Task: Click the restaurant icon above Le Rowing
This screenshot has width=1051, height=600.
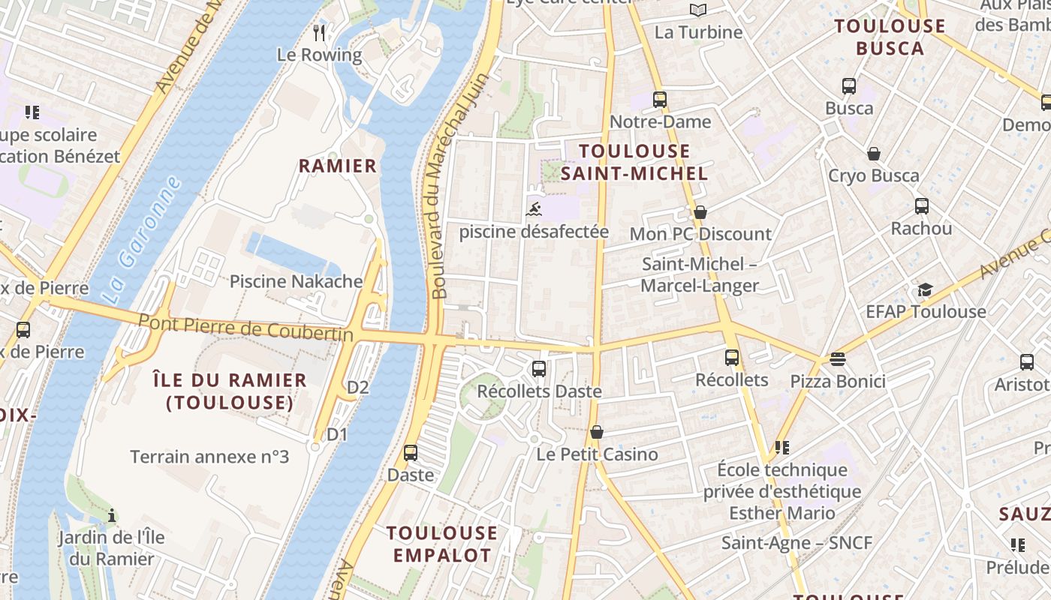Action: point(319,32)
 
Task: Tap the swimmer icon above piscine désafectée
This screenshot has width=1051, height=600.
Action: point(534,208)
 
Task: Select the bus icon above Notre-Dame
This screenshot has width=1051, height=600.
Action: point(659,99)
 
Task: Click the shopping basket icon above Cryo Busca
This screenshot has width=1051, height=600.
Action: point(873,154)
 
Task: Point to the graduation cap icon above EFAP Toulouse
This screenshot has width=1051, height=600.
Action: point(925,289)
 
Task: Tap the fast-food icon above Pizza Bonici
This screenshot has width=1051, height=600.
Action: point(838,359)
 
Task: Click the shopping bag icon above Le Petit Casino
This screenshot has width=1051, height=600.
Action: point(597,432)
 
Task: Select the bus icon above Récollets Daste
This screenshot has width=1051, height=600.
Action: point(538,369)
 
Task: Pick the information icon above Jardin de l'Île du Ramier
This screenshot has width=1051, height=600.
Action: point(112,515)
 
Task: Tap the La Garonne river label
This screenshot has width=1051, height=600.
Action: point(140,240)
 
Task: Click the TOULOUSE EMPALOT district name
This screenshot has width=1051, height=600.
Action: point(441,544)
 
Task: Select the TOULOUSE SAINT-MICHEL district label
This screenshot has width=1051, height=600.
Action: point(634,162)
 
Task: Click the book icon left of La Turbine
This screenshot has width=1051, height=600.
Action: point(698,10)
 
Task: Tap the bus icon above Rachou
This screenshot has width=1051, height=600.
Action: point(921,206)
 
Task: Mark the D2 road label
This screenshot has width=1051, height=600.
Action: point(358,387)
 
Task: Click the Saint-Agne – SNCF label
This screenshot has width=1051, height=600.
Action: point(797,542)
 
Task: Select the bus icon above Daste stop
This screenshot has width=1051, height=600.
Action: point(411,453)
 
